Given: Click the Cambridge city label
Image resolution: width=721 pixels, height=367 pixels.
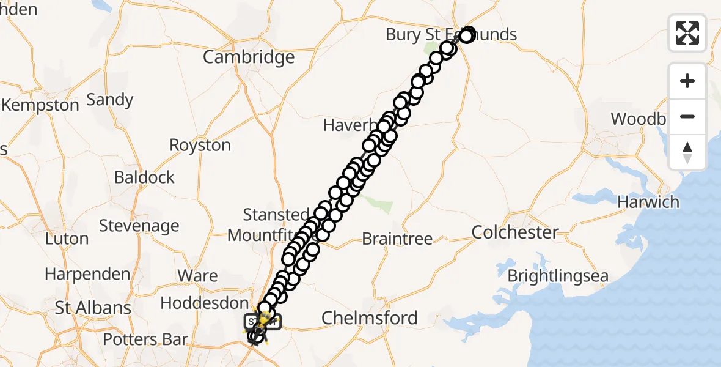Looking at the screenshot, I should (249, 57).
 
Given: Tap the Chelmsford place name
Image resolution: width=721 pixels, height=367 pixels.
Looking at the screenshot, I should (369, 317).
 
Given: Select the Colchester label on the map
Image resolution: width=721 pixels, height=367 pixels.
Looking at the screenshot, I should (515, 232).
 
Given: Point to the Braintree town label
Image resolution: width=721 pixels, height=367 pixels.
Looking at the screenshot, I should (397, 239).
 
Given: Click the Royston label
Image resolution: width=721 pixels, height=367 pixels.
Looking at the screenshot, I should (200, 146).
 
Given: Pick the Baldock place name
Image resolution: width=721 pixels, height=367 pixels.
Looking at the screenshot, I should (144, 177).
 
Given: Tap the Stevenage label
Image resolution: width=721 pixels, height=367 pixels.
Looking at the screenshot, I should (139, 226).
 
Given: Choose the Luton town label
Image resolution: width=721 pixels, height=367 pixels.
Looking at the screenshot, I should (67, 239).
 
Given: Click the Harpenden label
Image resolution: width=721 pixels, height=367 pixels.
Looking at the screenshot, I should (87, 274).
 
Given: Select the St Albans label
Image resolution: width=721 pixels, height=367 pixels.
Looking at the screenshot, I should (93, 307).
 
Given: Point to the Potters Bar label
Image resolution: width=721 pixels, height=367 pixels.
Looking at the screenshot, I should (145, 339).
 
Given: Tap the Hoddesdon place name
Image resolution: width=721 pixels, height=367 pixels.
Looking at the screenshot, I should (204, 303).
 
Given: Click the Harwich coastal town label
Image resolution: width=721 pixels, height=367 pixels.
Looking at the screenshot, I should (648, 202).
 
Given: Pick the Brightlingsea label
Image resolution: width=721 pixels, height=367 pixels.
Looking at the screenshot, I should (558, 276).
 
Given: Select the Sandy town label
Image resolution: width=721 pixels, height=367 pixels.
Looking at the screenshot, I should (110, 100).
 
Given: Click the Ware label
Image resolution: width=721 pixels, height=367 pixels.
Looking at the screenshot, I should (197, 275).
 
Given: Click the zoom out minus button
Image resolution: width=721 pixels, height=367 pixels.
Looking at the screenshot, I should (687, 116).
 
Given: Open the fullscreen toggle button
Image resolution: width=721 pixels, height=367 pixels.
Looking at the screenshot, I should (687, 32).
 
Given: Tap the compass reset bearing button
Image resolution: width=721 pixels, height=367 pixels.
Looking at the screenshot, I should (687, 152).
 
